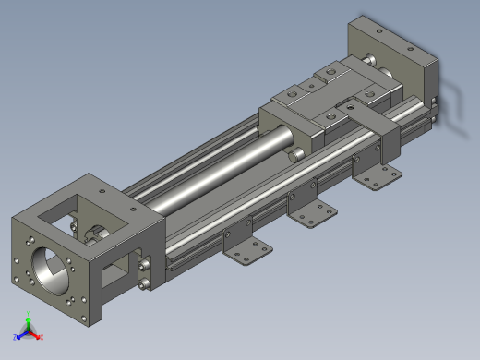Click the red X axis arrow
[39, 337]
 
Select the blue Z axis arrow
[18, 337]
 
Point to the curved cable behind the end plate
[452, 92]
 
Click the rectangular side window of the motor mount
[118, 270]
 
